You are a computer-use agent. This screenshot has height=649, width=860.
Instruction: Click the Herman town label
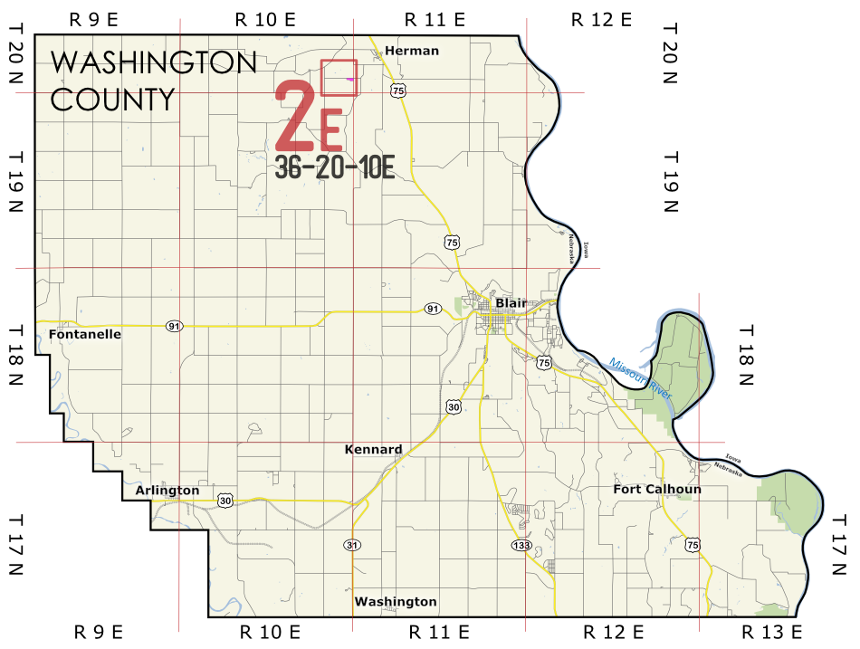coord(411,51)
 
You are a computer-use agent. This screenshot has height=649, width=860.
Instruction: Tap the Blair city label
coord(511,302)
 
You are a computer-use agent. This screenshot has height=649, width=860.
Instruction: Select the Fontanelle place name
coord(85,334)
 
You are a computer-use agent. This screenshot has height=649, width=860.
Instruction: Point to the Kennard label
coord(373,449)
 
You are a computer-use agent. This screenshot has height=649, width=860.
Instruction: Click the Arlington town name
coord(167,491)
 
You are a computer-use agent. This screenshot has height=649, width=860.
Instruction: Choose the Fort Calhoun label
coord(657,490)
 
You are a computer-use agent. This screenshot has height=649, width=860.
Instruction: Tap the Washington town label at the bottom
coord(396,602)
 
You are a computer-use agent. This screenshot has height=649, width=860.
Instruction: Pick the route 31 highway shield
coord(352,545)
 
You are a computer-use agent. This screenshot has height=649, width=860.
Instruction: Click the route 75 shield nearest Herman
coord(398,91)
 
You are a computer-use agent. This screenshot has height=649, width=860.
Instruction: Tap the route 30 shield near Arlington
coord(225,500)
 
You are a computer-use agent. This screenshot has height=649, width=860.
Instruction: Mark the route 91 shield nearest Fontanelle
coord(174,326)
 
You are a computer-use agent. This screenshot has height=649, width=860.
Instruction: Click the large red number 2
coord(295,117)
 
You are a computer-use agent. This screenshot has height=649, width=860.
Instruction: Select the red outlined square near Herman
coord(339,78)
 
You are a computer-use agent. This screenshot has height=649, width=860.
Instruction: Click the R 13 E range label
coord(771,631)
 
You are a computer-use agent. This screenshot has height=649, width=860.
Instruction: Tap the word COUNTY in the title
coord(112,99)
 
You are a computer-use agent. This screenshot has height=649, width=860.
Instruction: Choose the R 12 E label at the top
coord(601,19)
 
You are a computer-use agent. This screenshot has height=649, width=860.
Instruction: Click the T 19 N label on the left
coord(15,180)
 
